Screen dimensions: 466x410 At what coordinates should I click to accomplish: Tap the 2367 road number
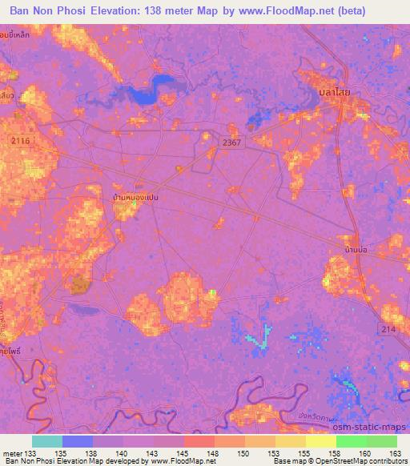tap(231, 140)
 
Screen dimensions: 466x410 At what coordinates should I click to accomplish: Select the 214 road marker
tap(389, 329)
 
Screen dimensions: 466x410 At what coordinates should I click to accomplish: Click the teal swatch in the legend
tap(46, 441)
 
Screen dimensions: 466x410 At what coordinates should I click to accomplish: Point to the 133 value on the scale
tap(30, 453)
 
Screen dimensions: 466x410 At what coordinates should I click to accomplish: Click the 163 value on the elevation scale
tap(396, 453)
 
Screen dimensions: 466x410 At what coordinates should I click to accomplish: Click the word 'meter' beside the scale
tap(13, 453)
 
